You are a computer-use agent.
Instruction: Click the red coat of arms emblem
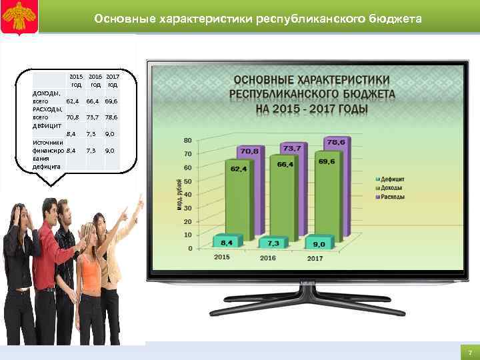click(x=17, y=17)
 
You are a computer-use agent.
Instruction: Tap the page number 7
click(x=469, y=352)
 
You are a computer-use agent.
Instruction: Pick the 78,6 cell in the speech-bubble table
click(x=111, y=117)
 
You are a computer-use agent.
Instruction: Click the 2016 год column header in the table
click(x=95, y=81)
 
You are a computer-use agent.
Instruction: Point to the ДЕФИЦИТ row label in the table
click(x=47, y=125)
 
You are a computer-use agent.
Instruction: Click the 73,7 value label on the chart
click(x=291, y=148)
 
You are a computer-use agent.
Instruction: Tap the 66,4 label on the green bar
click(x=286, y=164)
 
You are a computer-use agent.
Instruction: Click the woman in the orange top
click(x=90, y=280)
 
